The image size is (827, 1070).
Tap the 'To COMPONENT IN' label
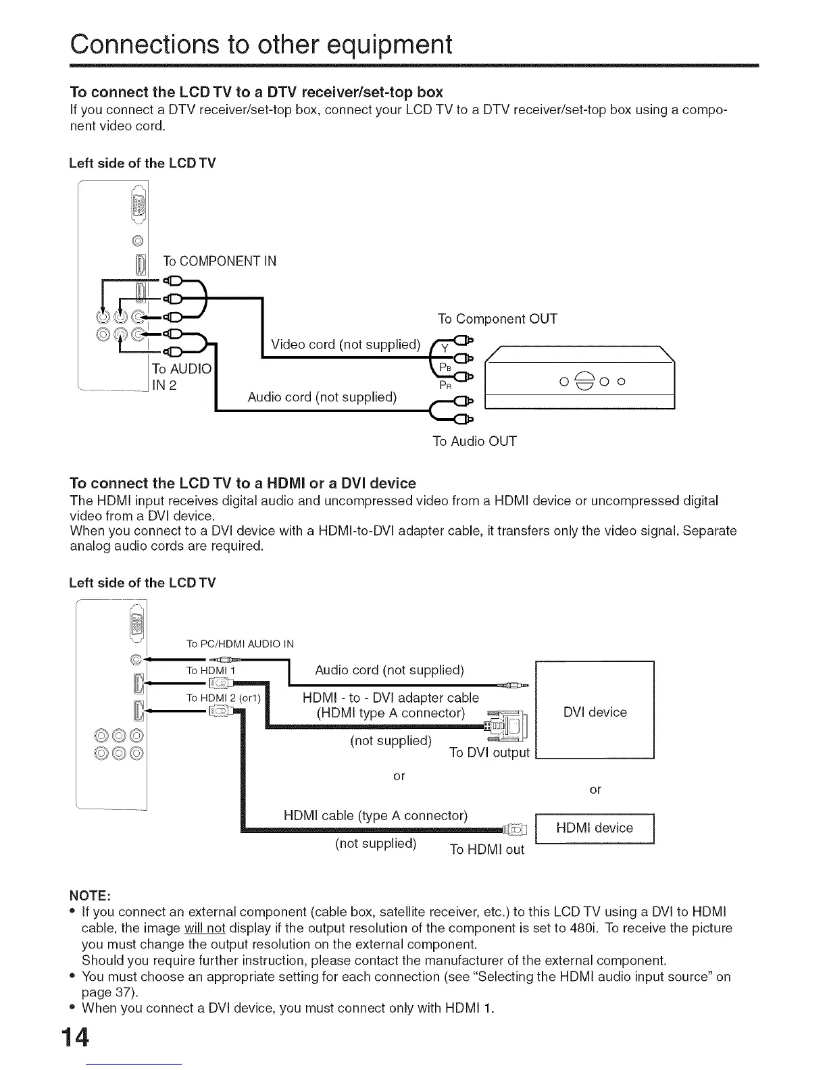[x=220, y=261]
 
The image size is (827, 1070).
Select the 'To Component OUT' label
[x=497, y=319]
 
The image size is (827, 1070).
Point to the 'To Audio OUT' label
[x=474, y=442]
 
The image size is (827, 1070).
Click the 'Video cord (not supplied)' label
[x=345, y=345]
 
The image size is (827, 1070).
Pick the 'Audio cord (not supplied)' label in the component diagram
[x=322, y=397]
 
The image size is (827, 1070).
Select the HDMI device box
[x=595, y=829]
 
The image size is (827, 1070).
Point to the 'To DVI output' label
[x=489, y=753]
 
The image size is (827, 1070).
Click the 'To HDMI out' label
[x=486, y=850]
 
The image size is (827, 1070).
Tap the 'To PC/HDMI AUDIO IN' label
[x=240, y=644]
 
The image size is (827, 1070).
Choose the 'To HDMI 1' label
[x=211, y=670]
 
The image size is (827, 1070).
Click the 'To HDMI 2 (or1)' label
[x=223, y=698]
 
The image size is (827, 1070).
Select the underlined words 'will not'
[x=204, y=928]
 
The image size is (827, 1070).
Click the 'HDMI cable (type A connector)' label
[x=376, y=816]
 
